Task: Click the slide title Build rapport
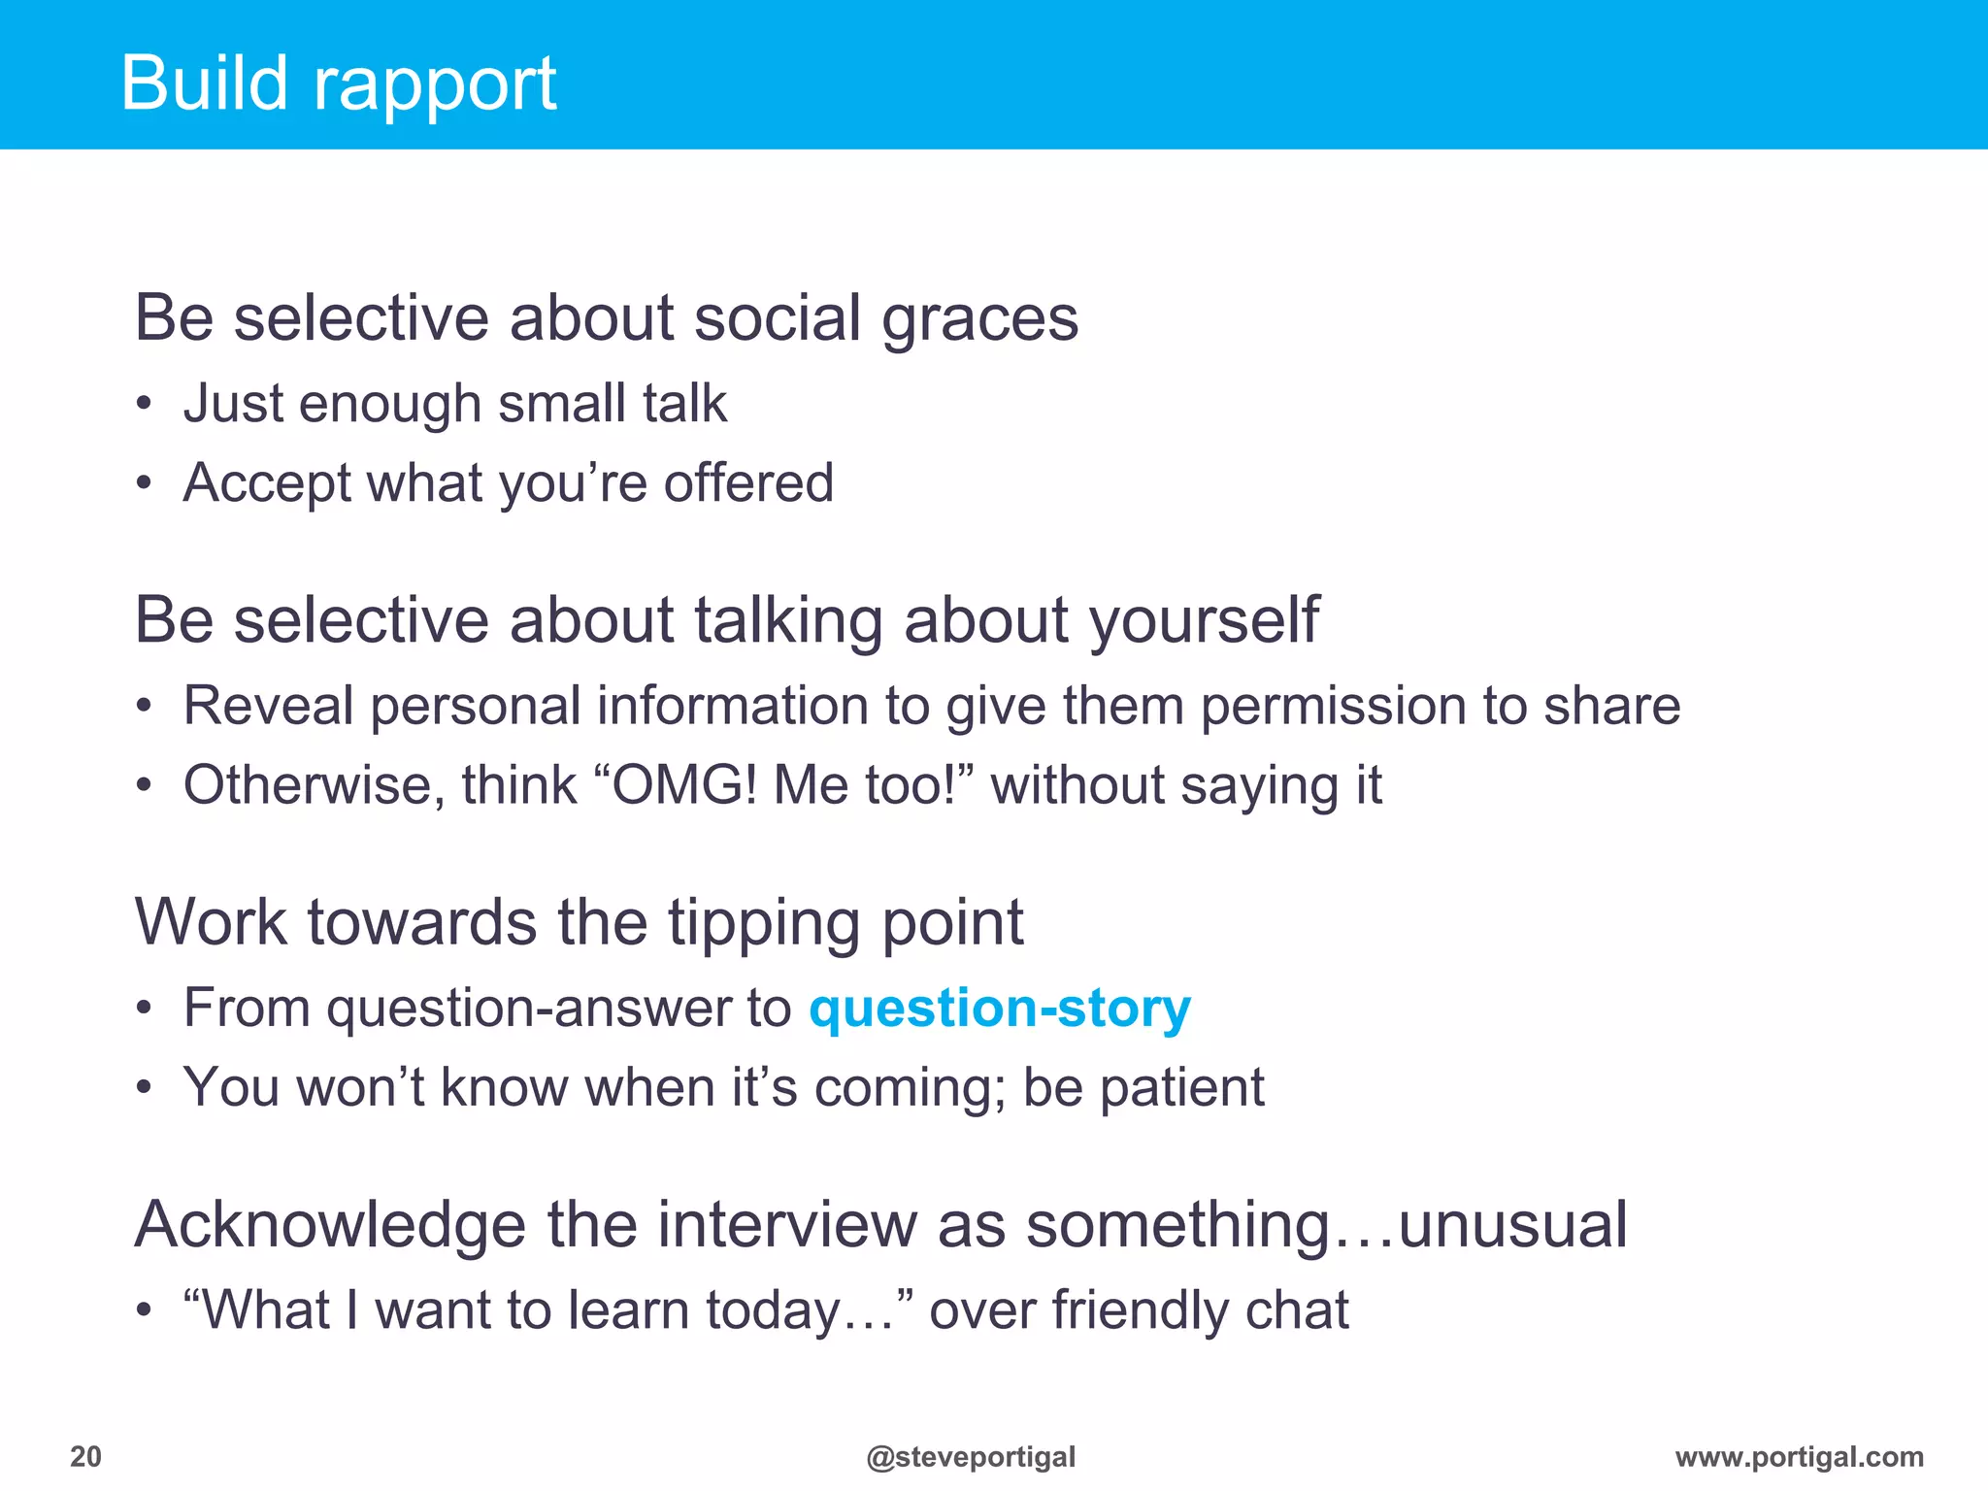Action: (x=338, y=84)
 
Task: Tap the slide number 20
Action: (x=85, y=1456)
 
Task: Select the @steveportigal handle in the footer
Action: (x=971, y=1456)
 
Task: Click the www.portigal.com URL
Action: (x=1799, y=1456)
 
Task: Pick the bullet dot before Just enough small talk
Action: (x=144, y=404)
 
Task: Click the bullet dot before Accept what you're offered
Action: (x=144, y=483)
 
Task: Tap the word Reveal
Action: (x=268, y=706)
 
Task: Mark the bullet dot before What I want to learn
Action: (x=144, y=1311)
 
